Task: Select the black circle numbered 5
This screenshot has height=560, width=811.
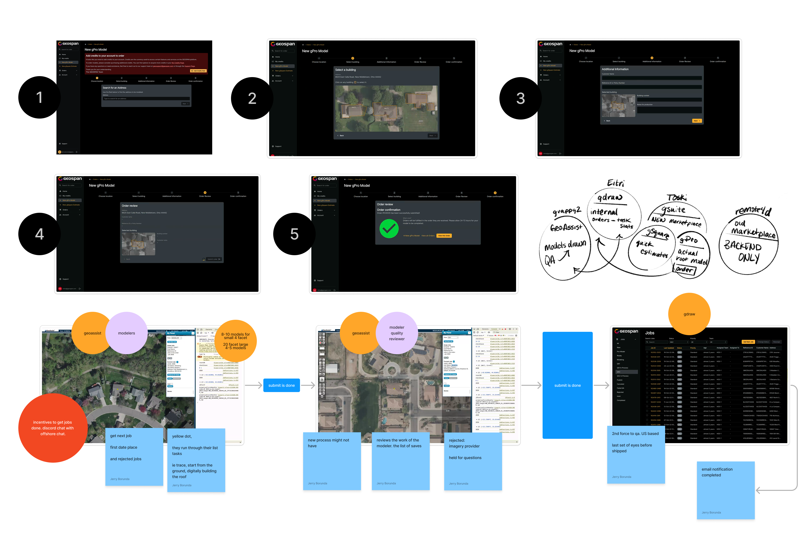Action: pyautogui.click(x=294, y=234)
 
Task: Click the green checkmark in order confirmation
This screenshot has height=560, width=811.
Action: pyautogui.click(x=389, y=229)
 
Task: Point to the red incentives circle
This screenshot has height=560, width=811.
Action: pyautogui.click(x=53, y=428)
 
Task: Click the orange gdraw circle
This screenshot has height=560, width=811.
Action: pyautogui.click(x=689, y=314)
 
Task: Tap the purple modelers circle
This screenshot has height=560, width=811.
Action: pyautogui.click(x=126, y=333)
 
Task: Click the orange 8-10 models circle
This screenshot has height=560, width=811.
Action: pyautogui.click(x=236, y=341)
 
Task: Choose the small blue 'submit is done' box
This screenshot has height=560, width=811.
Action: pyautogui.click(x=281, y=385)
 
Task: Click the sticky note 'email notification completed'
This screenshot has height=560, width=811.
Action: pyautogui.click(x=725, y=490)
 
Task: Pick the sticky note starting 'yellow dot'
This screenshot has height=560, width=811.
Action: pyautogui.click(x=196, y=460)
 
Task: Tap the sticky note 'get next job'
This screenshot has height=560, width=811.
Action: pyautogui.click(x=134, y=456)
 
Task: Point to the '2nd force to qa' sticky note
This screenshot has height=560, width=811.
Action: pyautogui.click(x=635, y=454)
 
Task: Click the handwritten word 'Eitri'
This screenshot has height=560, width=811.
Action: pyautogui.click(x=615, y=183)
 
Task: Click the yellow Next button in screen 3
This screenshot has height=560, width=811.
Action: pyautogui.click(x=696, y=121)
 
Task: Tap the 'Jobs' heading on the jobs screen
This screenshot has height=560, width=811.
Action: pyautogui.click(x=649, y=333)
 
